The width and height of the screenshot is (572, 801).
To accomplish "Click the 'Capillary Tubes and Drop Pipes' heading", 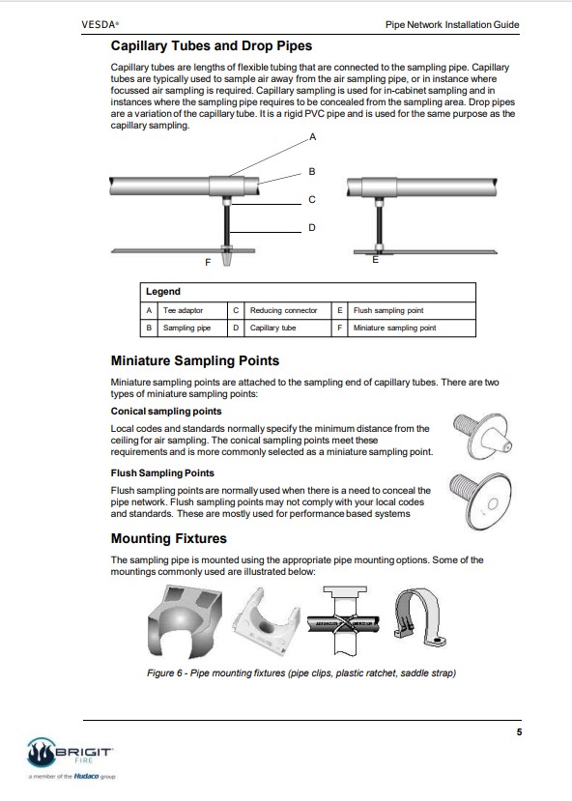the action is click(212, 46).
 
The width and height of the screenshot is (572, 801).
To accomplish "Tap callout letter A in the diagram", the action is click(312, 137).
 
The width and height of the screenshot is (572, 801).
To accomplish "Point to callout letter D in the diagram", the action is click(312, 228).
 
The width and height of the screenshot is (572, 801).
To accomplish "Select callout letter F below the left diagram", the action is click(208, 263).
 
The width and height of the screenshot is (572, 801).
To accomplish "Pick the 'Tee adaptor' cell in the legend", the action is click(183, 310).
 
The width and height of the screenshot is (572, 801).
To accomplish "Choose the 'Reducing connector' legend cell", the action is click(283, 310).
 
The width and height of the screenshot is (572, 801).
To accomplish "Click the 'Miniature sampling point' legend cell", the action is click(395, 328).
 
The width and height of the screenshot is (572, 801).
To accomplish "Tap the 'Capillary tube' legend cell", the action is click(272, 328).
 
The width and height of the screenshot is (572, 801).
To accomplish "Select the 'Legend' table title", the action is click(163, 292).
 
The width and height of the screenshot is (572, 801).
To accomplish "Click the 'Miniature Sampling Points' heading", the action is click(195, 360).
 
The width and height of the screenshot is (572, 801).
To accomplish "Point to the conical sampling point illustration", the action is click(482, 436).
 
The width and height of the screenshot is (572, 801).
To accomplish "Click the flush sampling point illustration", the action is click(480, 501).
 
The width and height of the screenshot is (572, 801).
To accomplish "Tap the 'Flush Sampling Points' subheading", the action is click(162, 473).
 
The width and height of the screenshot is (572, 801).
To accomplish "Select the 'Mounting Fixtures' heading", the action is click(168, 538).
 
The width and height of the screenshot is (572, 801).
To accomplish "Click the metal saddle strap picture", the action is click(419, 618).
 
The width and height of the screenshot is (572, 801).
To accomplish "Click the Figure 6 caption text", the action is click(301, 673).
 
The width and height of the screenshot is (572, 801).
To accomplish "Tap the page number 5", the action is click(519, 732).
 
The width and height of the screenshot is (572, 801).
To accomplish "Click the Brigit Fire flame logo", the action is click(41, 753).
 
